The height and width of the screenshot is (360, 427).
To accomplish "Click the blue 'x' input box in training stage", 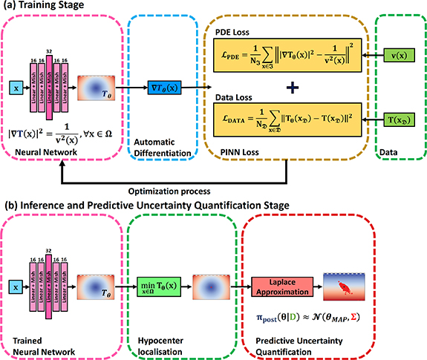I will click(x=14, y=87).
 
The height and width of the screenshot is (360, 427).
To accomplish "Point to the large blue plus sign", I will click(x=294, y=88).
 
